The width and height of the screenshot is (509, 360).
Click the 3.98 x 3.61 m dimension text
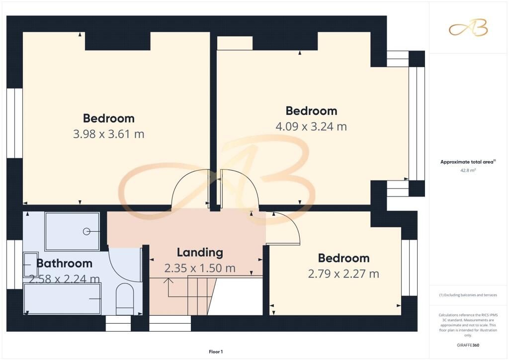(108, 134)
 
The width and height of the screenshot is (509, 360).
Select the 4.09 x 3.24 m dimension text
(311, 126)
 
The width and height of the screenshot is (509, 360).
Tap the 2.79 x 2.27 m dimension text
(343, 273)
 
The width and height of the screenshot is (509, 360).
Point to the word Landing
(200, 253)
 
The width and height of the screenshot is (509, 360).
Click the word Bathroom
(64, 263)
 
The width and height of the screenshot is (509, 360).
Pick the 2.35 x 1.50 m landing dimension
(200, 268)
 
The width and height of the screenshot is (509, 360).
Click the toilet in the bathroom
(125, 299)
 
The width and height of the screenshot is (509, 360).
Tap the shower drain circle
(86, 231)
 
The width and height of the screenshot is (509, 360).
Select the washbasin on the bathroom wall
(30, 265)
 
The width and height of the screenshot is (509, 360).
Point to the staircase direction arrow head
(168, 280)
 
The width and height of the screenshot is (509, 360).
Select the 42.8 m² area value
(468, 170)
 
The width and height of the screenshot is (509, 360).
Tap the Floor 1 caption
(216, 352)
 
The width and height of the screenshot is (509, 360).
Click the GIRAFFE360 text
(468, 345)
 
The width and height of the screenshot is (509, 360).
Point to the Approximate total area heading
(468, 162)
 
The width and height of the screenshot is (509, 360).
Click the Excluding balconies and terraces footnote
(468, 295)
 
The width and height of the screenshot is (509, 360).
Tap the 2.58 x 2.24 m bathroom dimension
(64, 279)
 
